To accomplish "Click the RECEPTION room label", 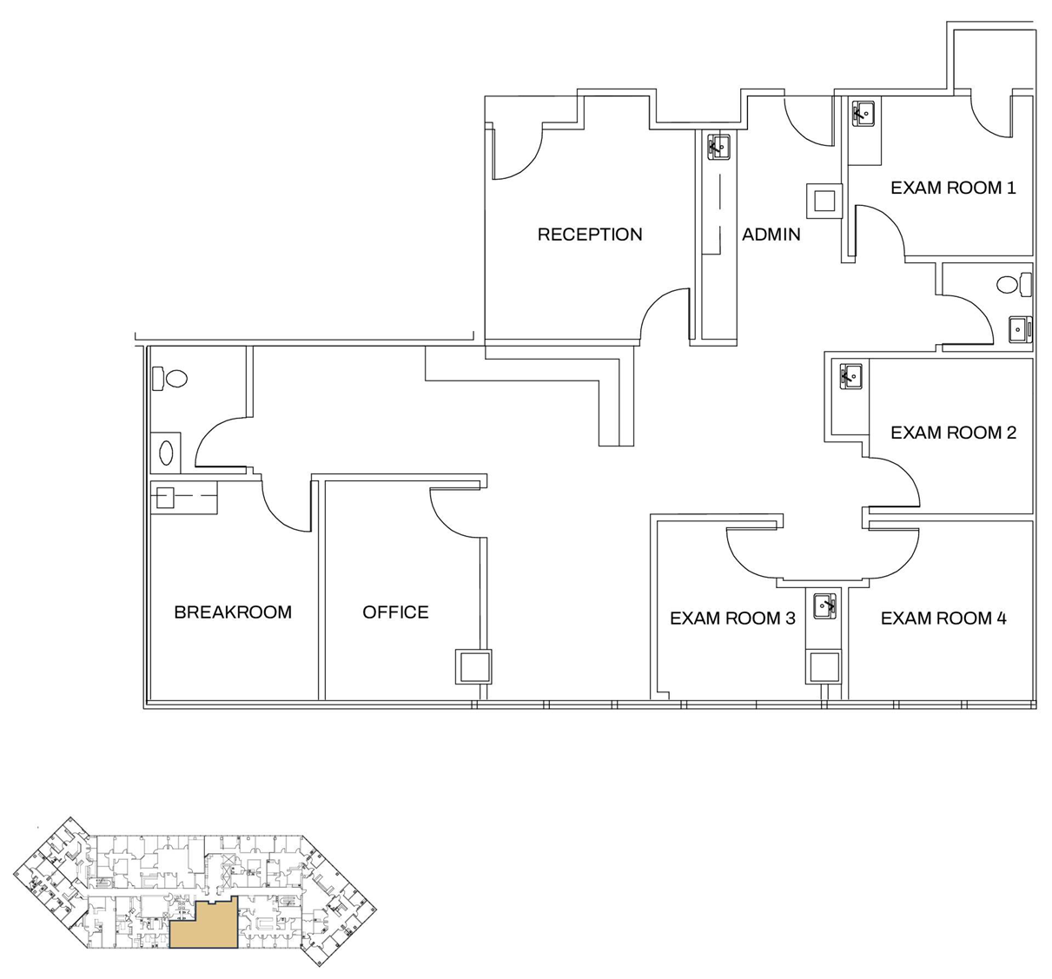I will pyautogui.click(x=590, y=235).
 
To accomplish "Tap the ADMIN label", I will pyautogui.click(x=771, y=235).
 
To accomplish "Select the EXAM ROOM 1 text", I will pyautogui.click(x=953, y=188).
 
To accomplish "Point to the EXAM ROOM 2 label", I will pyautogui.click(x=953, y=433).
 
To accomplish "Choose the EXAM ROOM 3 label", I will pyautogui.click(x=732, y=618).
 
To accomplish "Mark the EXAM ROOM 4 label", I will pyautogui.click(x=943, y=618).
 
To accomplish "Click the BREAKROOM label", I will pyautogui.click(x=233, y=612).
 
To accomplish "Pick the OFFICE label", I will pyautogui.click(x=395, y=612).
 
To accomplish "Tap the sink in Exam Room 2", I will pyautogui.click(x=850, y=377).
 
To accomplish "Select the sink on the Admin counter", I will pyautogui.click(x=718, y=147).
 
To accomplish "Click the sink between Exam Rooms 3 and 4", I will pyautogui.click(x=824, y=605).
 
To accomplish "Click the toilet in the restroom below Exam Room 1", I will pyautogui.click(x=1013, y=284).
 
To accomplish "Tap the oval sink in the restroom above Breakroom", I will pyautogui.click(x=166, y=452).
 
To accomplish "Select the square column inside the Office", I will pyautogui.click(x=473, y=667).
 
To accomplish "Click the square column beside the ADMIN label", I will pyautogui.click(x=824, y=202).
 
